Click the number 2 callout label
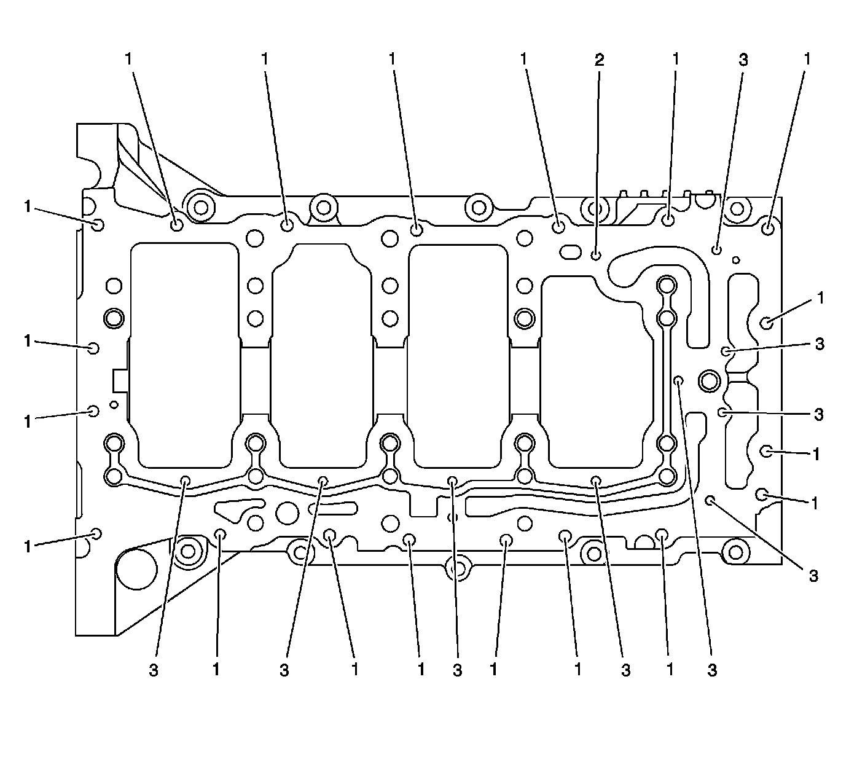pyautogui.click(x=598, y=60)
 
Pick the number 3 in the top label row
pyautogui.click(x=743, y=60)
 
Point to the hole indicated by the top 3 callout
pyautogui.click(x=716, y=249)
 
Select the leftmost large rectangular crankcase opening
pyautogui.click(x=184, y=353)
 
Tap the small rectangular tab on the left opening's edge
pyautogui.click(x=120, y=379)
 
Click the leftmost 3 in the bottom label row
pyautogui.click(x=154, y=670)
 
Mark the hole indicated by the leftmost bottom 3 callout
pyautogui.click(x=185, y=480)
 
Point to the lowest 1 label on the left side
pyautogui.click(x=28, y=546)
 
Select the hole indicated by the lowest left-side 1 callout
pyautogui.click(x=96, y=532)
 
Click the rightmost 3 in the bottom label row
pyautogui.click(x=712, y=670)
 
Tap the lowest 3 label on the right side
pyautogui.click(x=813, y=576)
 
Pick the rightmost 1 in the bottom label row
pyautogui.click(x=670, y=670)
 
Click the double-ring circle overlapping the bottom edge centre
pyautogui.click(x=458, y=568)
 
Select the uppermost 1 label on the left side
pyautogui.click(x=28, y=207)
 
